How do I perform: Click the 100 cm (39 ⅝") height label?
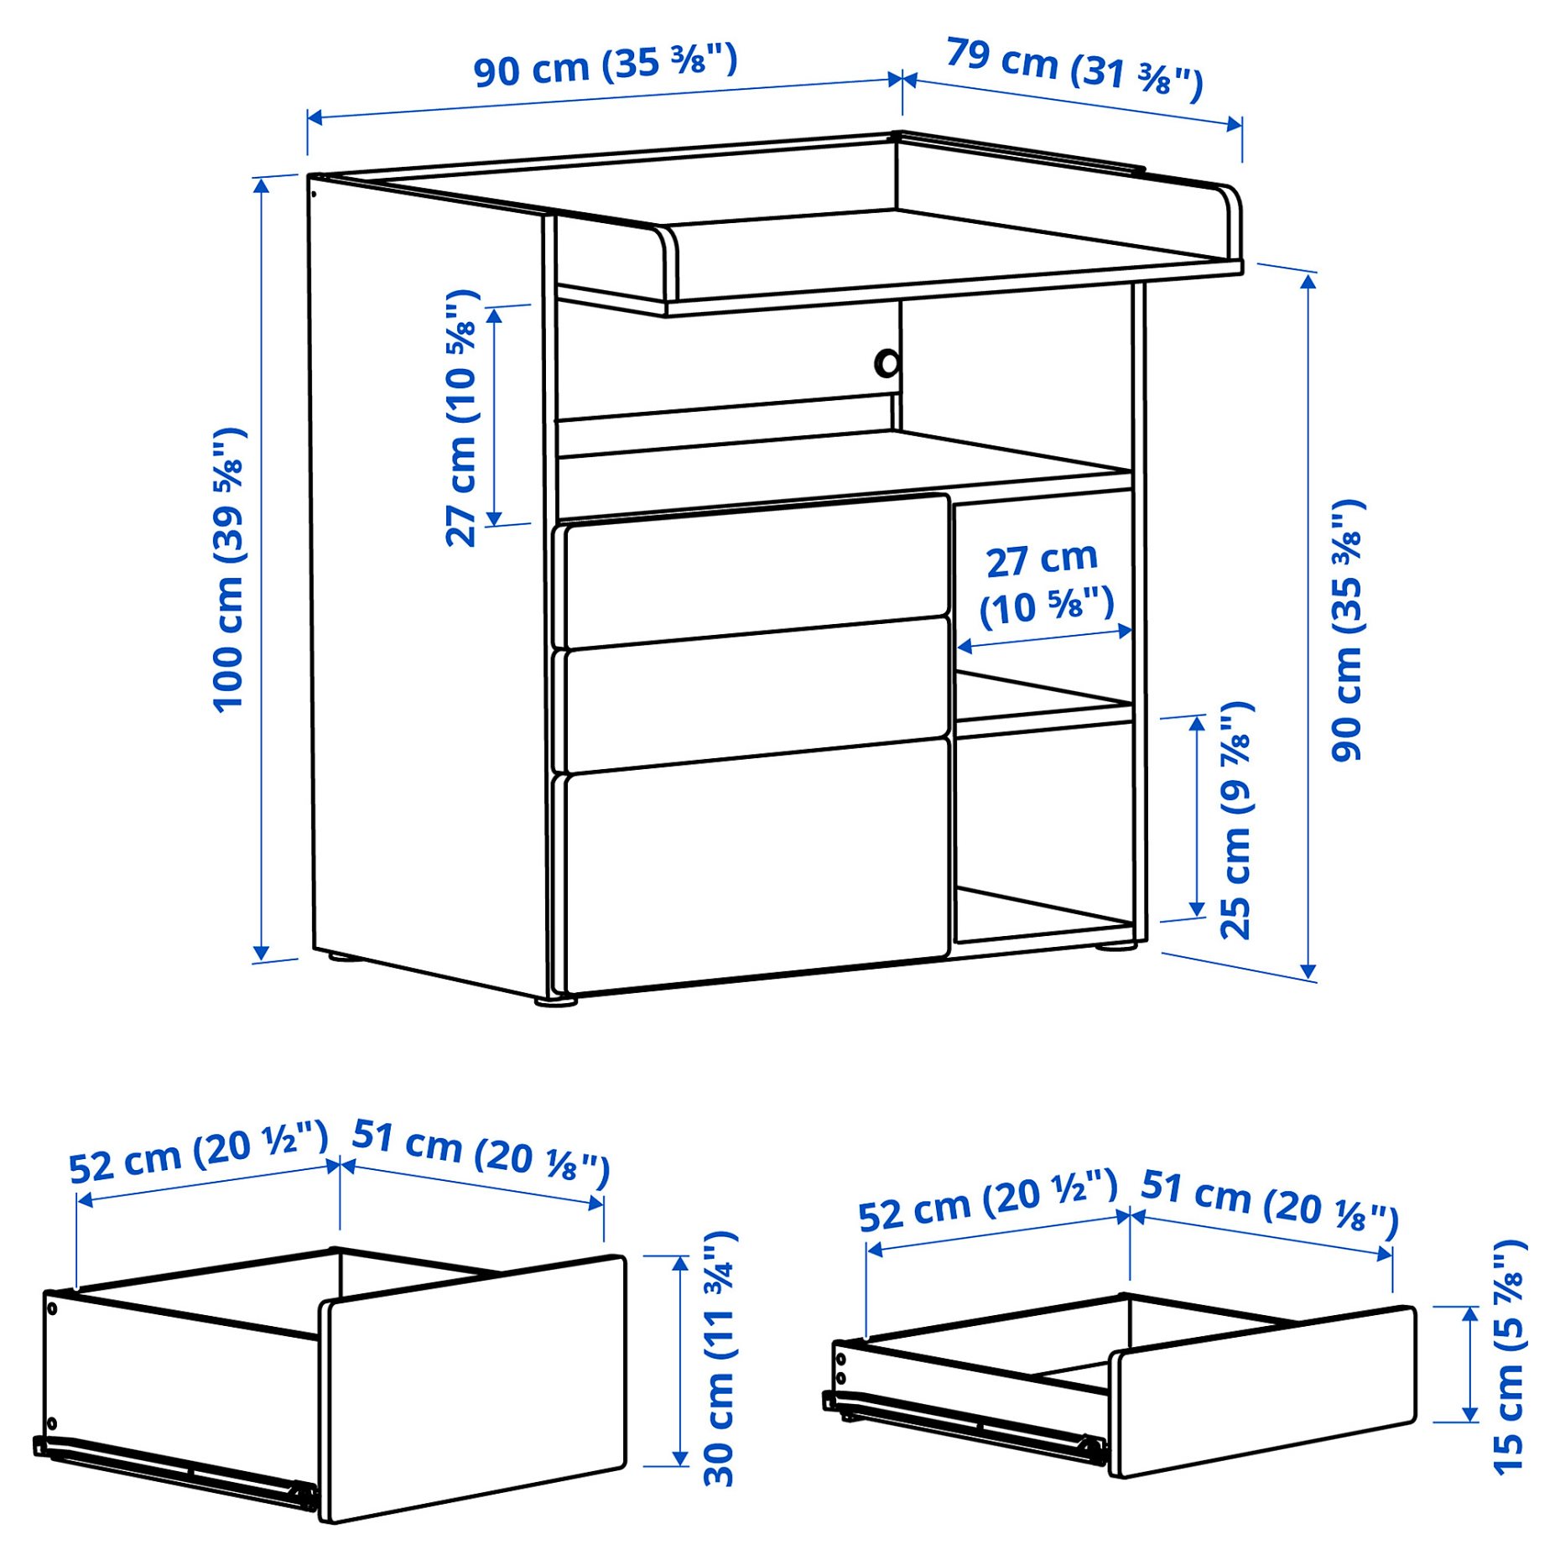228,570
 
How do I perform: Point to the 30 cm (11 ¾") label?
720,1360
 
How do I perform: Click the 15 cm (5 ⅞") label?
1509,1358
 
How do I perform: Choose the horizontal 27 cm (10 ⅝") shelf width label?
1045,584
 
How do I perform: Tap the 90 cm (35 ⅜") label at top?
606,65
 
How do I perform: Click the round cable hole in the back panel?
887,364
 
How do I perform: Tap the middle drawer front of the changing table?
755,695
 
